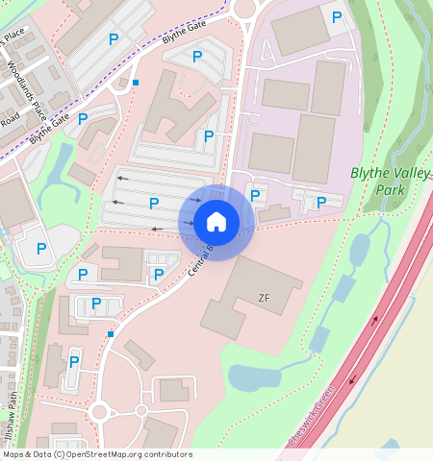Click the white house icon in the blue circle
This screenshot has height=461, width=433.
tap(216, 222)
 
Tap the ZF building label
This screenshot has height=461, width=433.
tap(265, 298)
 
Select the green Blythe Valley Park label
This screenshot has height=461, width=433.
tap(385, 182)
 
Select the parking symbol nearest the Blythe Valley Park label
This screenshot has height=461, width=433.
tap(321, 202)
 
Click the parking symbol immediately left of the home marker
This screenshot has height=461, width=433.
tap(154, 203)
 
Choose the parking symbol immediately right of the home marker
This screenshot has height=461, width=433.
tap(255, 196)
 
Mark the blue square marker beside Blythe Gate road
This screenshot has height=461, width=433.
tap(136, 83)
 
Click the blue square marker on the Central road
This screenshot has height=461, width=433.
tap(112, 334)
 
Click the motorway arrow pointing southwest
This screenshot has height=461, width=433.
tap(352, 377)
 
